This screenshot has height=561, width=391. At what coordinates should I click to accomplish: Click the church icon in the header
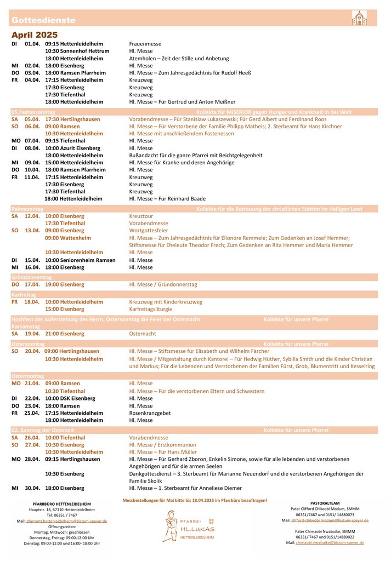[x=359, y=18]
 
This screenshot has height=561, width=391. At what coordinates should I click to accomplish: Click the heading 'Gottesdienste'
[x=43, y=20]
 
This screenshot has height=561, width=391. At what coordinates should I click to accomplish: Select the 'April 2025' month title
[x=35, y=35]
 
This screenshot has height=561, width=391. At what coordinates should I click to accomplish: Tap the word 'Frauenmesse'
[x=145, y=43]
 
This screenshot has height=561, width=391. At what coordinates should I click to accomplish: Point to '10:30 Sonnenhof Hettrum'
[x=77, y=51]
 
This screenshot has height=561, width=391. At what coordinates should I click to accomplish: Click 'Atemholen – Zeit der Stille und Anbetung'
[x=179, y=58]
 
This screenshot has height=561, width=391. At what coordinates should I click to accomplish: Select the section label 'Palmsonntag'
[x=27, y=209]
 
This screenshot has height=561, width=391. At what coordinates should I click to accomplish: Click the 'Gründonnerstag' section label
[x=32, y=278]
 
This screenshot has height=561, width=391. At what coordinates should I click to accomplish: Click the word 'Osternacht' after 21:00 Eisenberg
[x=143, y=333]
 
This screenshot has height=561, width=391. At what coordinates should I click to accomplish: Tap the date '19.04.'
[x=32, y=333]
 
